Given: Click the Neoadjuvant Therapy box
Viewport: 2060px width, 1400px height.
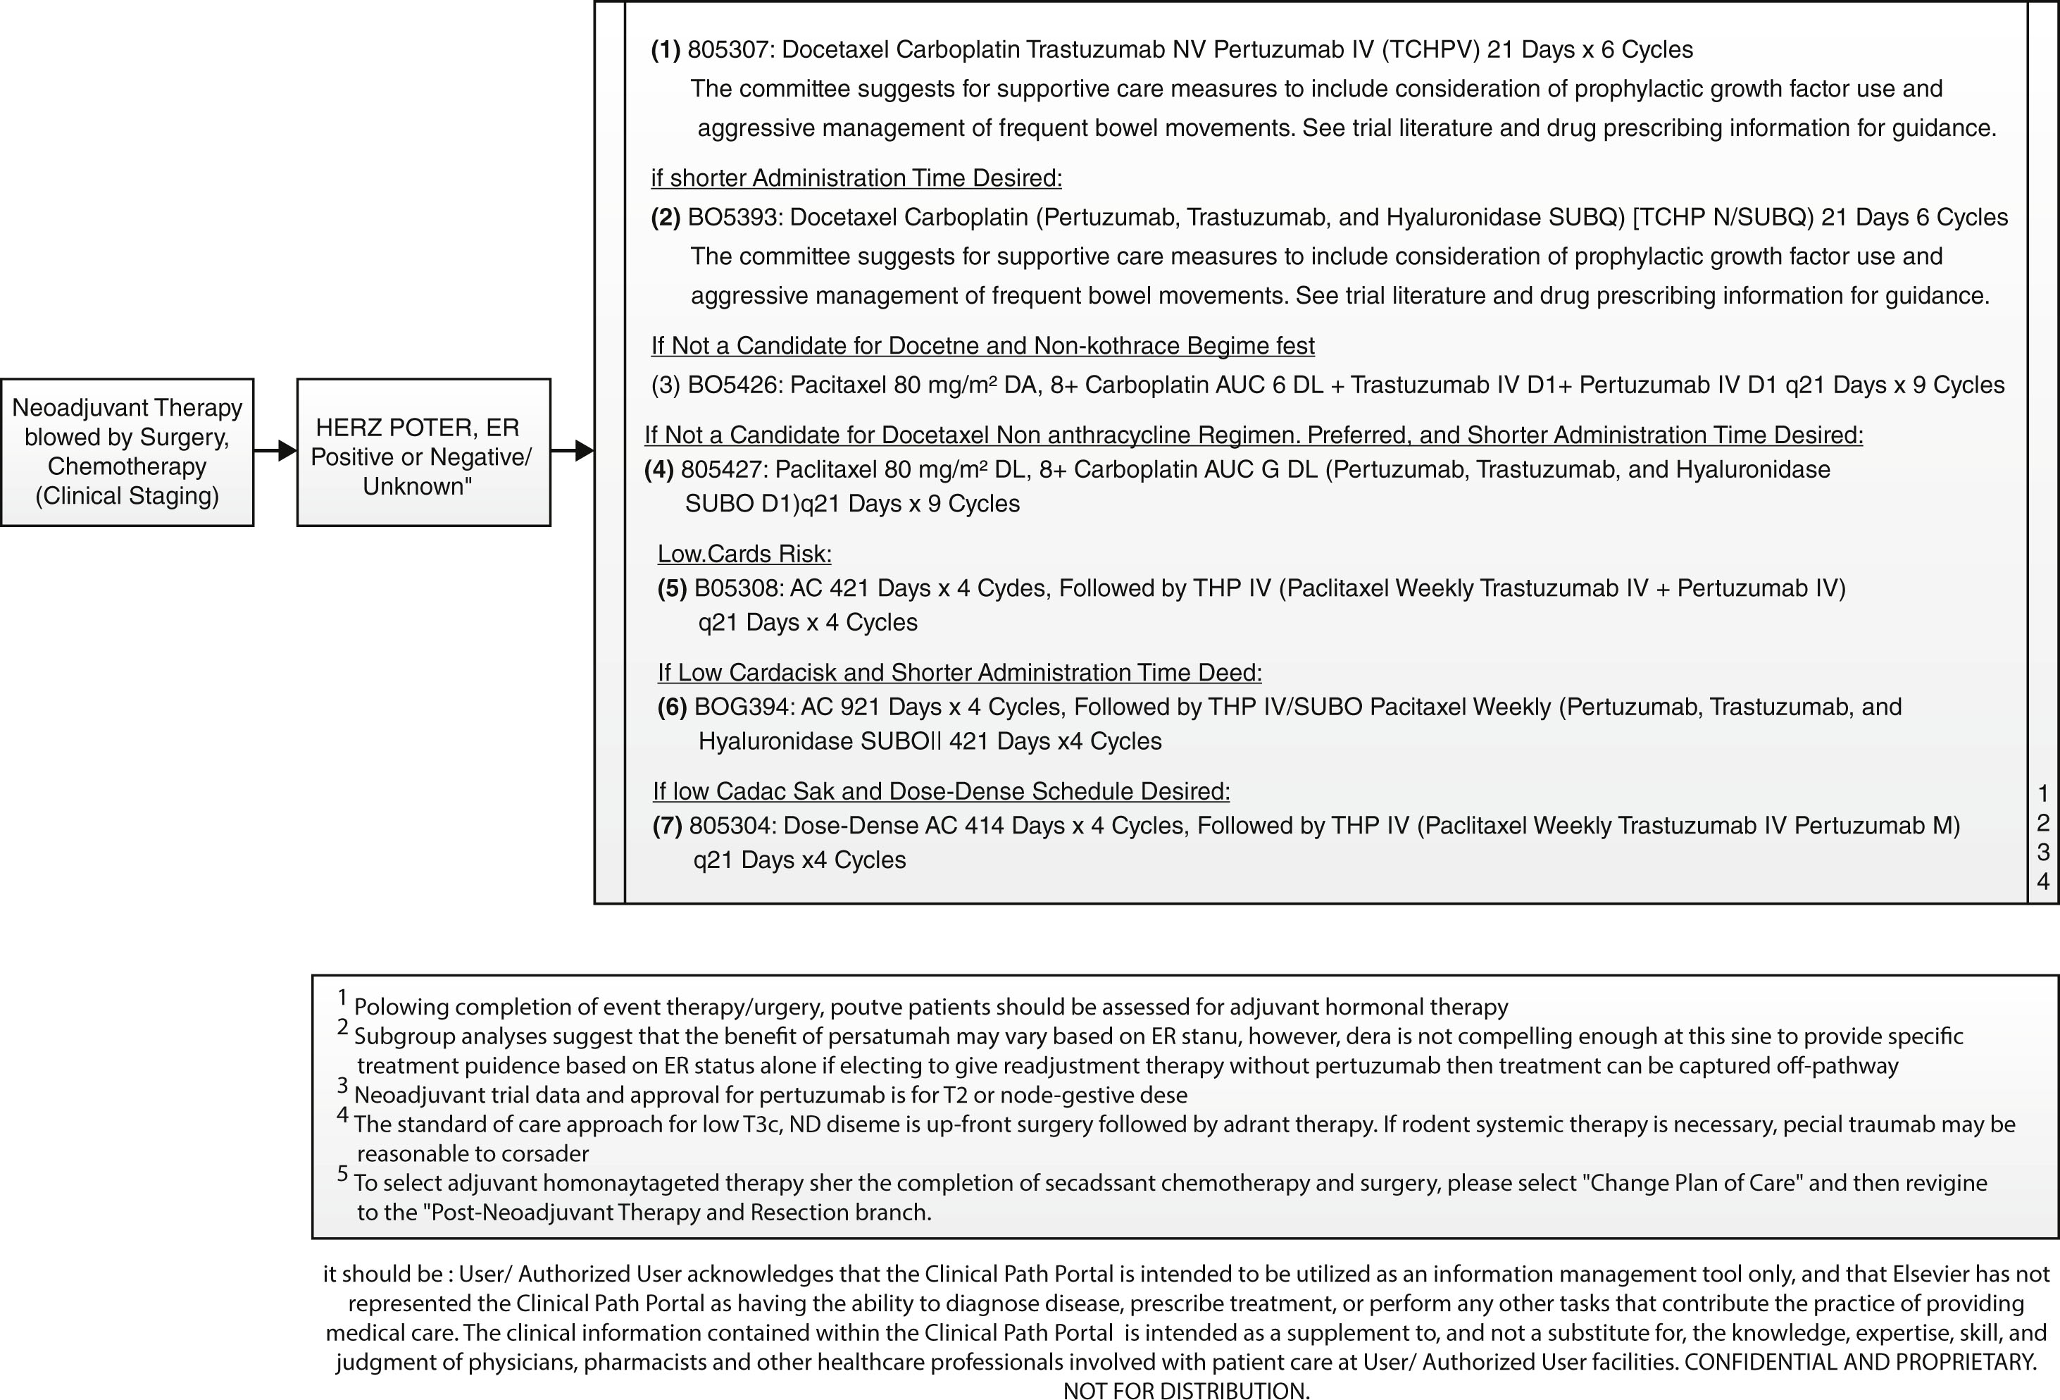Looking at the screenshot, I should tap(127, 452).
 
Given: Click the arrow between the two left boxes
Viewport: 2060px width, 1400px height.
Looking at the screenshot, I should tap(275, 450).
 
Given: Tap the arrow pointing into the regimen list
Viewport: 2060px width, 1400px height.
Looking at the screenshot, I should tap(573, 450).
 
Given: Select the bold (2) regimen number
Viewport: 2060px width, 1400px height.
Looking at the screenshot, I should tap(666, 217).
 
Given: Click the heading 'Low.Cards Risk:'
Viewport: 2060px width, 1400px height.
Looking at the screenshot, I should tap(744, 554).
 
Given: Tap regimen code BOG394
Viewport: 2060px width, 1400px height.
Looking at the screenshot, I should tap(743, 707).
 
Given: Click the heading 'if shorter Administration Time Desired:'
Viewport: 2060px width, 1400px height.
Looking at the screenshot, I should tap(856, 178).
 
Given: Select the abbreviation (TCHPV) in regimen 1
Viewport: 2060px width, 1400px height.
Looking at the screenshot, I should tap(1430, 49).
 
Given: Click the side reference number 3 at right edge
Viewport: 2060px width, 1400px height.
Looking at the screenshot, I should tap(2043, 852).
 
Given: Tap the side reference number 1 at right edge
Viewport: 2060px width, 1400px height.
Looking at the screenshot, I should tap(2043, 793).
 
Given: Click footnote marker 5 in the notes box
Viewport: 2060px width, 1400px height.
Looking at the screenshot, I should tap(342, 1174).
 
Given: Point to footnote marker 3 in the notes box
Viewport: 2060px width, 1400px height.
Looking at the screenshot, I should tap(342, 1085).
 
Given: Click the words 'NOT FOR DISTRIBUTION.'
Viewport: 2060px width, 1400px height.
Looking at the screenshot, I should tap(1186, 1390).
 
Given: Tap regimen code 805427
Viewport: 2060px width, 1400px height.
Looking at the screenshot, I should tap(720, 469).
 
